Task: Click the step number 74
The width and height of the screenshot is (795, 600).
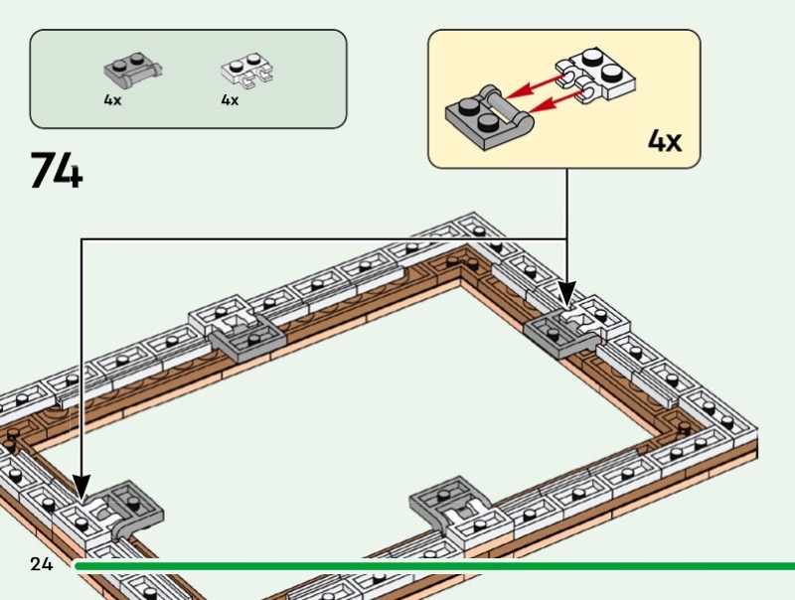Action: [56, 171]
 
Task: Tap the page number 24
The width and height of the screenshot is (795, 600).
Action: [41, 564]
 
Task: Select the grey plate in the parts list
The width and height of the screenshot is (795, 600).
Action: [133, 70]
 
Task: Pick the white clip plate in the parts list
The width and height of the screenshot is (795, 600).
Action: [246, 70]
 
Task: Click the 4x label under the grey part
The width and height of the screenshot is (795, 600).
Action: [112, 100]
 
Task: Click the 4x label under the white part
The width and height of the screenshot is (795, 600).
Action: [230, 100]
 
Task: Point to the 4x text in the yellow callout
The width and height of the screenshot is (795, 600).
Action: [665, 141]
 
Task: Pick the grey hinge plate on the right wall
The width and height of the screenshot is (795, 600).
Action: [558, 333]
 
